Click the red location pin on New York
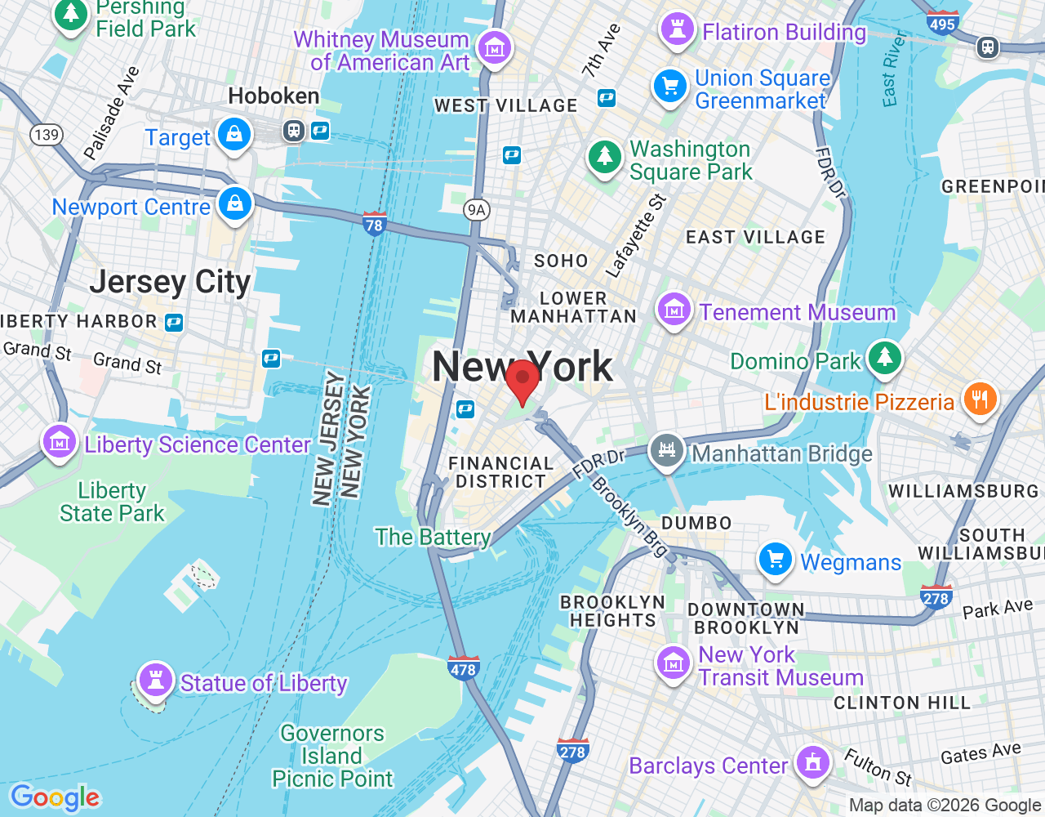pos(522,379)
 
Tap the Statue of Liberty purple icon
pos(155,679)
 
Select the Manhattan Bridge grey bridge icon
pos(667,450)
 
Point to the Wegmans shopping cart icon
pos(776,560)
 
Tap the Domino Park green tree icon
pos(884,357)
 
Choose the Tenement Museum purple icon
pos(674,310)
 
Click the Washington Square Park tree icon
pos(605,155)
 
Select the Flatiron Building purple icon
pos(677,29)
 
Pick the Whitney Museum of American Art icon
pos(494,47)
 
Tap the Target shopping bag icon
pos(234,134)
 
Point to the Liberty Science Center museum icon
pos(60,442)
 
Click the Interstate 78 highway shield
pos(374,223)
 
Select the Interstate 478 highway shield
pos(463,668)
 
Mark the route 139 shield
pos(47,135)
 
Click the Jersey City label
pos(170,282)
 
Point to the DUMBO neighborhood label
pos(696,523)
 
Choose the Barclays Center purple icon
pos(812,762)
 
